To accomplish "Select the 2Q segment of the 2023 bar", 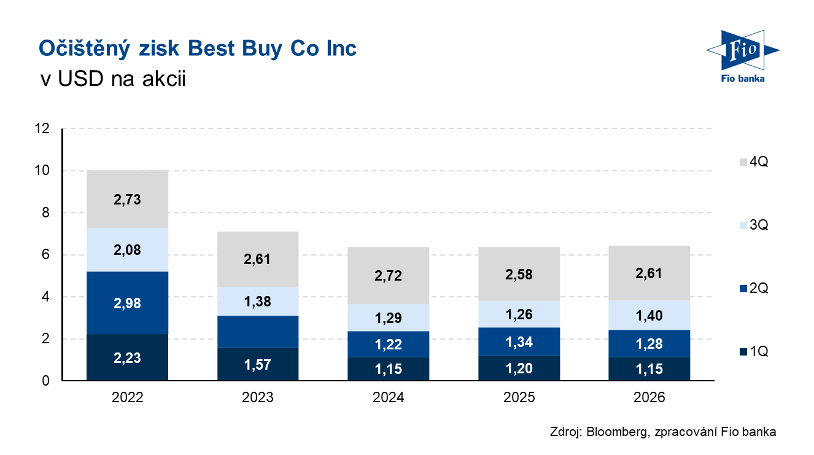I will [258, 332].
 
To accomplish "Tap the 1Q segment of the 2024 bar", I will [388, 369].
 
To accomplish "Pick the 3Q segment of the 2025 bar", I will [519, 314].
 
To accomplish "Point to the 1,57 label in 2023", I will [258, 365].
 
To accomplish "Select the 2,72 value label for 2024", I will [388, 275].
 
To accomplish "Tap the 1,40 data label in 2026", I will [649, 316].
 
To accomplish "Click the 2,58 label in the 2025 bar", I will [519, 274].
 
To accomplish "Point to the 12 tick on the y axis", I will [42, 129].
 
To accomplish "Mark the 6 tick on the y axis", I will [45, 255].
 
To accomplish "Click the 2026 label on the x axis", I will [649, 397].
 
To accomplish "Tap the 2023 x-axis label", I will [258, 397].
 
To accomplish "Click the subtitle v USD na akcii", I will [112, 80].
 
